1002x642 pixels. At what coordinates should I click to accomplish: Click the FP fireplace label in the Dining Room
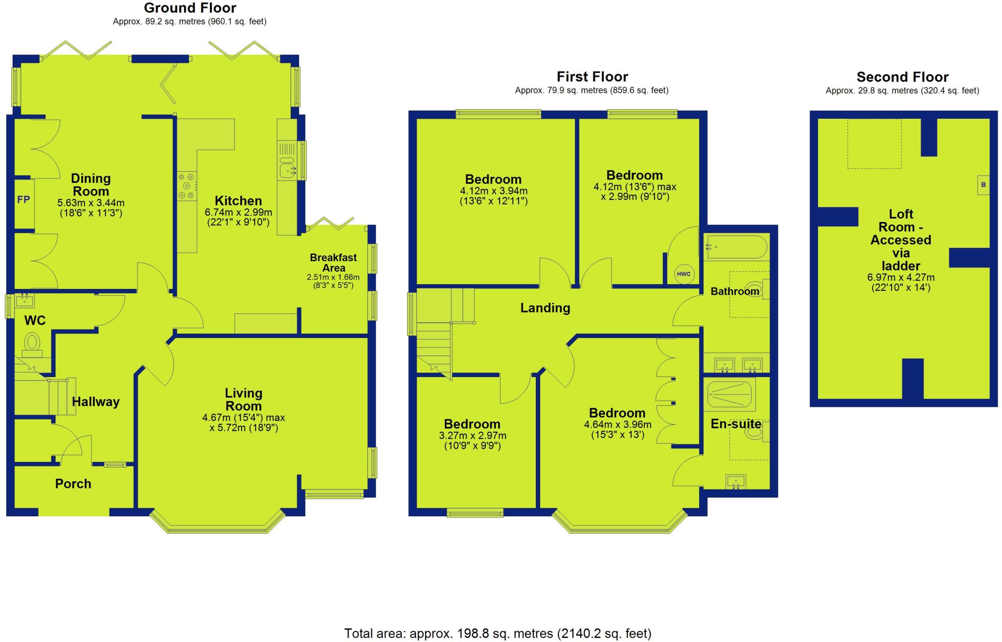[23, 199]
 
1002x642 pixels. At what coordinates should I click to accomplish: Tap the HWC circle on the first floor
[683, 274]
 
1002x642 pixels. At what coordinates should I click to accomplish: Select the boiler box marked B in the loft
[983, 185]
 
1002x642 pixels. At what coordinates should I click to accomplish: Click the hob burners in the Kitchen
[186, 186]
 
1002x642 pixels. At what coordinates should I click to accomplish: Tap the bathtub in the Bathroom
[736, 247]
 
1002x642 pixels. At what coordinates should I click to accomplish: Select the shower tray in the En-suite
[729, 394]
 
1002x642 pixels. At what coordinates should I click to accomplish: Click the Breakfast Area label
[333, 263]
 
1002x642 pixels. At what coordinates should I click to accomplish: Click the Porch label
[73, 484]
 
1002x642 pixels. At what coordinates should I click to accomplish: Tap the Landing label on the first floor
[545, 308]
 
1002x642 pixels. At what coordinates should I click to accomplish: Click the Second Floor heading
[902, 77]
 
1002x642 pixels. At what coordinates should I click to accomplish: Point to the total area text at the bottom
[498, 633]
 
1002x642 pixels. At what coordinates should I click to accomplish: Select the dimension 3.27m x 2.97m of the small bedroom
[473, 435]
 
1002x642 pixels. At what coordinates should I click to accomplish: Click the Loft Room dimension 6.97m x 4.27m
[901, 277]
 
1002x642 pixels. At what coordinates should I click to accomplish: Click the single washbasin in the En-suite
[735, 482]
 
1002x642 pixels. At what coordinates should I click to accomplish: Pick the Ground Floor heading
[190, 8]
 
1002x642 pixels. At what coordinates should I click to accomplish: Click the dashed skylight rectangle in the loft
[874, 144]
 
